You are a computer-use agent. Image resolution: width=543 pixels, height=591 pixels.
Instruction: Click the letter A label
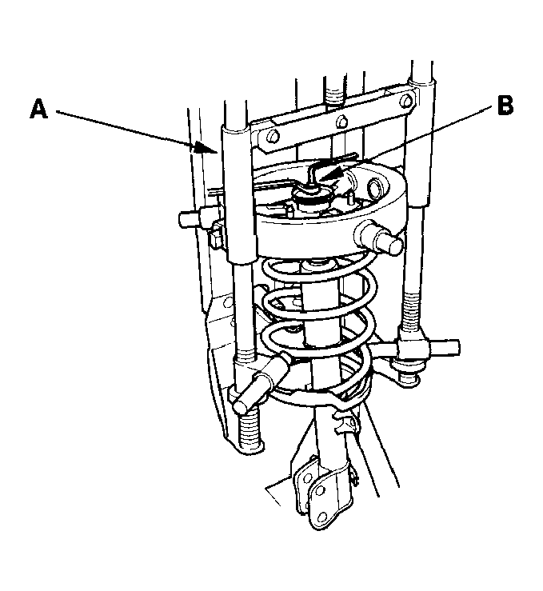[39, 109]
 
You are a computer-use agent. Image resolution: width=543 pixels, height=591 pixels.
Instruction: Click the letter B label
[505, 105]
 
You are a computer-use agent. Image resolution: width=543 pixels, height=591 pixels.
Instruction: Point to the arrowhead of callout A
[205, 148]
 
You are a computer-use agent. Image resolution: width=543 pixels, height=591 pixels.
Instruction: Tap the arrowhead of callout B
[330, 174]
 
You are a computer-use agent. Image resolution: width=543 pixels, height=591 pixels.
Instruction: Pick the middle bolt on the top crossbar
[341, 122]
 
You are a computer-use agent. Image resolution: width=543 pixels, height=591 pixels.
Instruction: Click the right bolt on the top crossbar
[405, 102]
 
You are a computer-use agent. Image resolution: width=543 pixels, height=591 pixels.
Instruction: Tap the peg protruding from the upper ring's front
[379, 237]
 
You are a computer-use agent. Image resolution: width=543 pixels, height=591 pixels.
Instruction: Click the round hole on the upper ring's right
[376, 188]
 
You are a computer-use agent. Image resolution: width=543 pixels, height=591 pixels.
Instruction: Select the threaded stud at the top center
[334, 94]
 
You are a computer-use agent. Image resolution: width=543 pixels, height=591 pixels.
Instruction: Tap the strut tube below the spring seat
[327, 445]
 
